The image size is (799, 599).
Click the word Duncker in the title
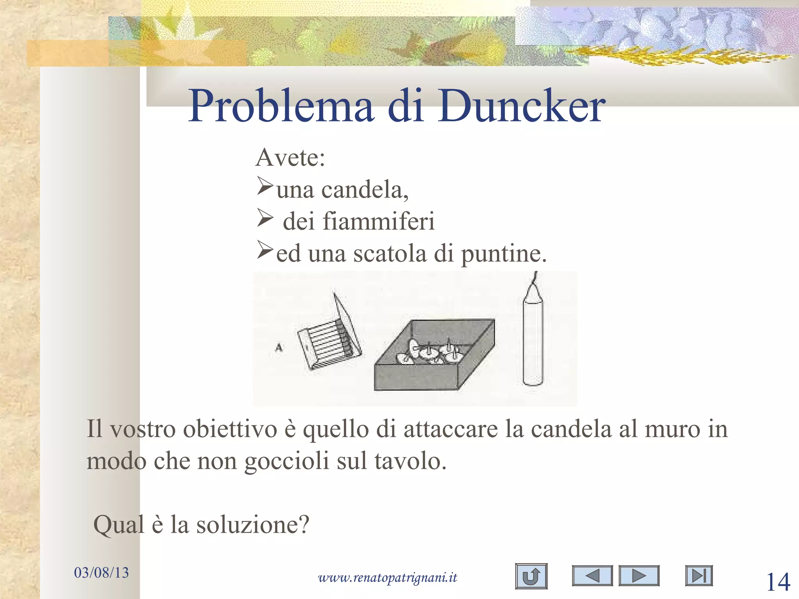(x=521, y=106)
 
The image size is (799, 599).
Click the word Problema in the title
(x=281, y=106)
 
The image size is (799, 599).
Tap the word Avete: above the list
(x=290, y=158)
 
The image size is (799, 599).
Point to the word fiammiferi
(x=378, y=221)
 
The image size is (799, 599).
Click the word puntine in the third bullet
(x=504, y=254)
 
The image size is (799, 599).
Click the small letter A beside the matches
(x=279, y=347)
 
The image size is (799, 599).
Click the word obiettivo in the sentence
(x=230, y=429)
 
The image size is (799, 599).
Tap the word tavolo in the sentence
(x=410, y=462)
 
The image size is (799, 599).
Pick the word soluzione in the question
(x=252, y=525)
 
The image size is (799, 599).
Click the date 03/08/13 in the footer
(x=101, y=572)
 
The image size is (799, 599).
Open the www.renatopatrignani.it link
(x=387, y=577)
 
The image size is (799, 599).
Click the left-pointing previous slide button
(x=592, y=576)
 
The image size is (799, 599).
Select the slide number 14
(x=778, y=582)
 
